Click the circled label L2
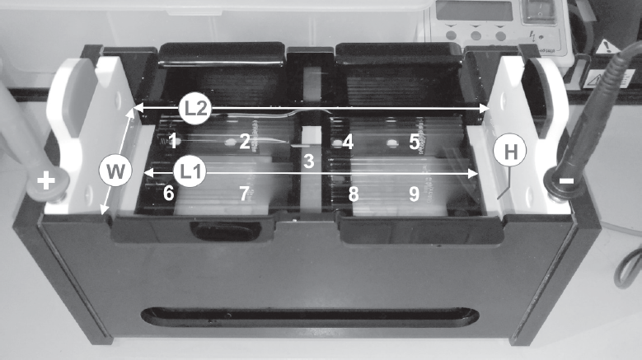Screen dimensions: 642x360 [x=194, y=109]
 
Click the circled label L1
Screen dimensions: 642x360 [x=190, y=172]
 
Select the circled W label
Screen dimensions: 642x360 [x=115, y=171]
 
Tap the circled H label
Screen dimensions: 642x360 [x=510, y=151]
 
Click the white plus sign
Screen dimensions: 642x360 [x=46, y=180]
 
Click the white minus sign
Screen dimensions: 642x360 [x=567, y=180]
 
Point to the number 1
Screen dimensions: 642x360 [x=174, y=141]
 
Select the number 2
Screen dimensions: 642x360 [x=245, y=142]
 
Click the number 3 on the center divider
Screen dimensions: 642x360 [x=309, y=161]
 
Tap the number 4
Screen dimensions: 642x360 [x=349, y=142]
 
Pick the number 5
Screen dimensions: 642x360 [x=415, y=142]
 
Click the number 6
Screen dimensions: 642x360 [x=169, y=193]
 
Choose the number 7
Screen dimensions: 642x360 [x=245, y=194]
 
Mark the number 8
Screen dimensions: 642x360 [x=354, y=194]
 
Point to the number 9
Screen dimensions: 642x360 [x=415, y=194]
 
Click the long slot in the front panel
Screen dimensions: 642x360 [x=310, y=317]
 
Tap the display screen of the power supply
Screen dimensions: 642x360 [x=474, y=10]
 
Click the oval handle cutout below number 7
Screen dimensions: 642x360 [x=225, y=231]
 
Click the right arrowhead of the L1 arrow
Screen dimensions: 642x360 [x=473, y=174]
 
